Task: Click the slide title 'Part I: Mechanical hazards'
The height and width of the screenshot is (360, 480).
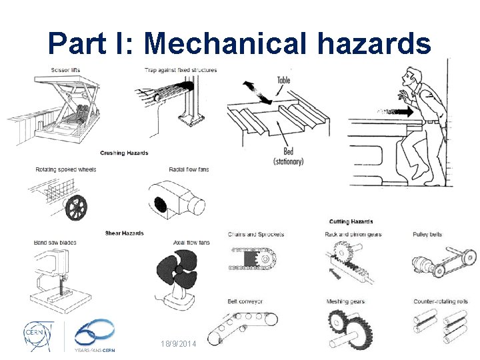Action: coord(239,43)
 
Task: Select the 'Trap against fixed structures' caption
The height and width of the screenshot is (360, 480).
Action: coord(181,70)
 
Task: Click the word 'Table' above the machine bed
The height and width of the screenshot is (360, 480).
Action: coord(284,81)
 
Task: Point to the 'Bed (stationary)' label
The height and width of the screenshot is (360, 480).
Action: coord(288,157)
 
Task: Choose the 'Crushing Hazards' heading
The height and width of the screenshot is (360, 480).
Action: coord(124,153)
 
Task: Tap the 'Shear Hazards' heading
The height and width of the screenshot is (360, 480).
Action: coord(124,233)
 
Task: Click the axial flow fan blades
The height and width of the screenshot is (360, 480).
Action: coord(177,270)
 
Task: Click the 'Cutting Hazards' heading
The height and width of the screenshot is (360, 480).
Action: coord(351,221)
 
